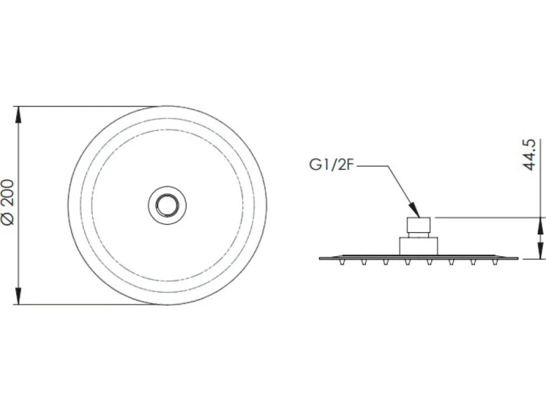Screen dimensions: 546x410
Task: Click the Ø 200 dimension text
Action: point(8,202)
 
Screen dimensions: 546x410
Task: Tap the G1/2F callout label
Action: point(332,165)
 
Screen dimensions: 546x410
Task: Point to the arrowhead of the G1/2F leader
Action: point(415,211)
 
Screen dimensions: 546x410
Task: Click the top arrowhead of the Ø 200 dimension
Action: point(19,114)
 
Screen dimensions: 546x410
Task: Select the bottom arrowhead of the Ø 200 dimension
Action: point(19,296)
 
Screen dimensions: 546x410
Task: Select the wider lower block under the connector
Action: point(418,246)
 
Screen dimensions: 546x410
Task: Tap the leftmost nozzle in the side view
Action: point(342,262)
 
